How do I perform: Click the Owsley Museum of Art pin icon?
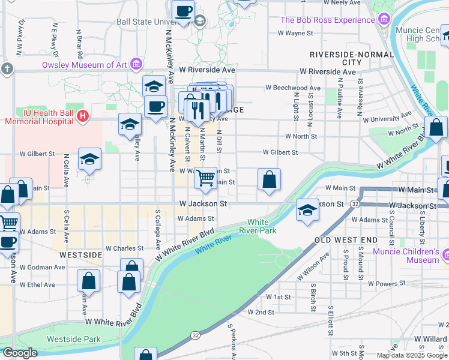pos(137,64)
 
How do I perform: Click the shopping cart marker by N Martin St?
pos(206,178)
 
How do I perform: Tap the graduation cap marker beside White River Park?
pos(307,210)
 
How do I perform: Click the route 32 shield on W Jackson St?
pos(355,205)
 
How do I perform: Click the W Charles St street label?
pos(124,248)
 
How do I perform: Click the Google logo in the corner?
pos(19,353)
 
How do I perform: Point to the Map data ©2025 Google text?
pos(412,355)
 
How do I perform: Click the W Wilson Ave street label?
pos(315,266)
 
